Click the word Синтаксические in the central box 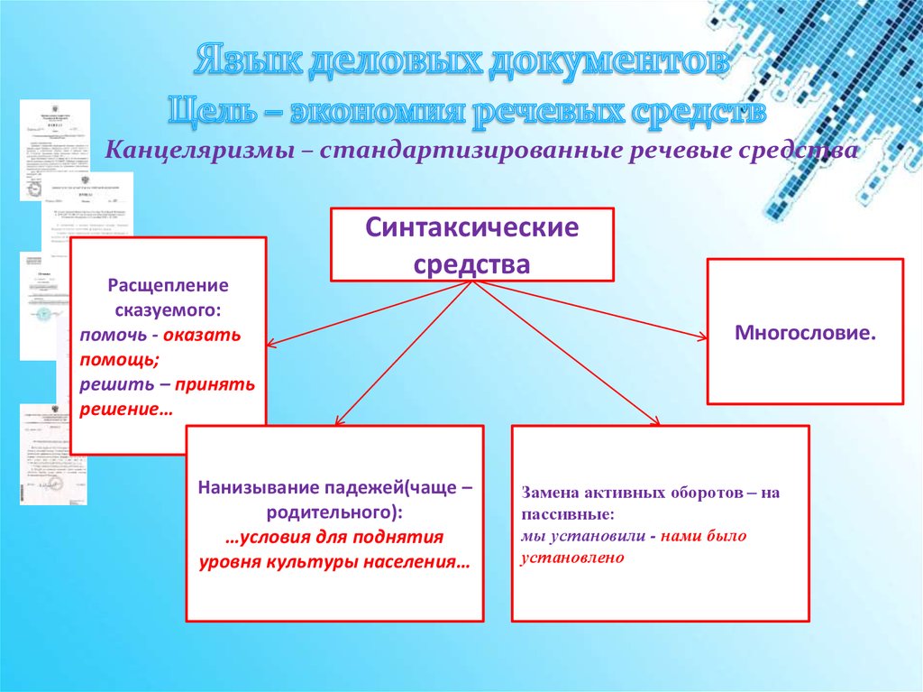pos(471,229)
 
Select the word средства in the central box pos(471,263)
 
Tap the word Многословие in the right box pos(804,333)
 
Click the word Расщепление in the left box pos(168,286)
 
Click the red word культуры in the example pos(314,562)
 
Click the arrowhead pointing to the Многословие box pos(700,337)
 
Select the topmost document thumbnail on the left pos(54,150)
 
